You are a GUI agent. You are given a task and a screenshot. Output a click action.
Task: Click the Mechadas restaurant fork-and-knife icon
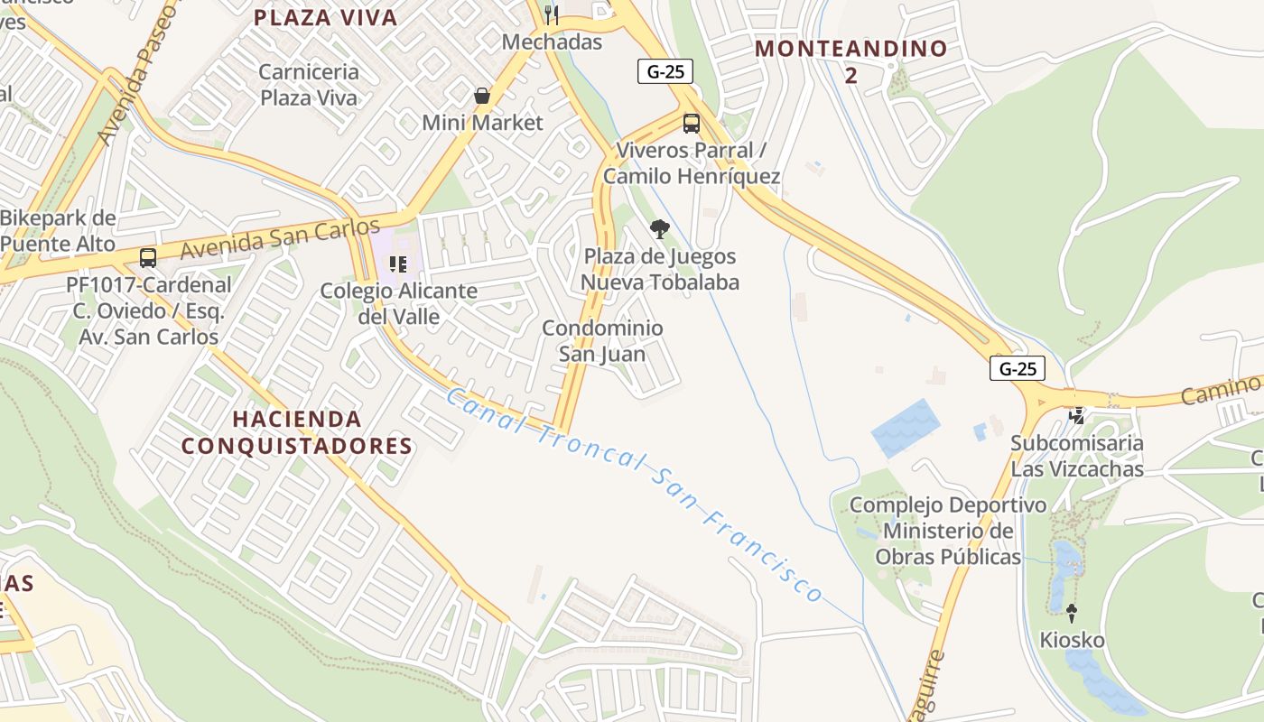coord(552,14)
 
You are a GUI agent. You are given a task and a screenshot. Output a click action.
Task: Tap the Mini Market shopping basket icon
coord(482,95)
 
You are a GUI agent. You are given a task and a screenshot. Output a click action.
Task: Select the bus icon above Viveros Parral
coord(692,124)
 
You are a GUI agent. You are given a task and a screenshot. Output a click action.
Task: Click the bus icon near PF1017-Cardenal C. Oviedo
coord(148,257)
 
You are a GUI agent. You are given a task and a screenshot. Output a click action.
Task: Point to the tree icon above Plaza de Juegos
coord(660,229)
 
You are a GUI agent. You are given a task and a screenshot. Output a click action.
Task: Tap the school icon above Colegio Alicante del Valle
coord(398,264)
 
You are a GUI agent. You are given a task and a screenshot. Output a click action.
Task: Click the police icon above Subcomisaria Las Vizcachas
coord(1076,416)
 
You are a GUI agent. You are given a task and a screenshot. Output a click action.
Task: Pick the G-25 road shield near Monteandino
coord(665,72)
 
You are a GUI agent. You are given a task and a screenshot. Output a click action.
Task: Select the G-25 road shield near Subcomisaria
coord(1018,368)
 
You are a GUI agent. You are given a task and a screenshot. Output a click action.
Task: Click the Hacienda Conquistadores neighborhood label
coord(297,432)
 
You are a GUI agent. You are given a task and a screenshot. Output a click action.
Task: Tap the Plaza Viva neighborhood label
coord(326,17)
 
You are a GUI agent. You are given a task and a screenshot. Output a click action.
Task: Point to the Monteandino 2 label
coord(850,61)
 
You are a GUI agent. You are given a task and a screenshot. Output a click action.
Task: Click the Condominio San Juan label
coord(602,341)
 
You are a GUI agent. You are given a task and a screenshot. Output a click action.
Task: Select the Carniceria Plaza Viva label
coord(309,85)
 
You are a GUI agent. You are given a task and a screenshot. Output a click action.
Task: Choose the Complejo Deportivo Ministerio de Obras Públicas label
coord(948,531)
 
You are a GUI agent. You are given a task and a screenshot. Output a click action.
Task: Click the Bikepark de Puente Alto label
coord(58,231)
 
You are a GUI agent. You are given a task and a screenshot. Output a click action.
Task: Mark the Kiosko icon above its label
coord(1072,613)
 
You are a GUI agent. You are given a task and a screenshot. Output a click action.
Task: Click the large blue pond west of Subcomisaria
coord(905,428)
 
